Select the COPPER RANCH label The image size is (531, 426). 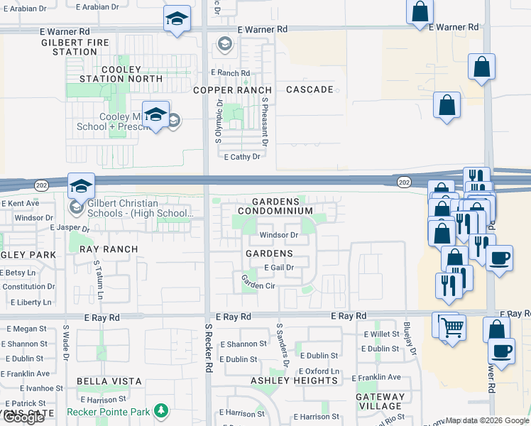[x=233, y=90]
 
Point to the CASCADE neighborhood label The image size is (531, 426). [x=310, y=90]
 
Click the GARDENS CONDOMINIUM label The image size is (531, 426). [x=275, y=207]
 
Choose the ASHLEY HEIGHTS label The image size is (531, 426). [x=294, y=381]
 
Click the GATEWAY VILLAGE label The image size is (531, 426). [x=380, y=402]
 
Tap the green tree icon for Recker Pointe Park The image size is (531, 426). [x=161, y=410]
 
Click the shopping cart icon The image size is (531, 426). [x=452, y=327]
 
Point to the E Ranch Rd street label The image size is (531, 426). [x=231, y=73]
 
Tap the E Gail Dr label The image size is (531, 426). [x=279, y=267]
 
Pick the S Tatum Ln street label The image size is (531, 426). [x=99, y=278]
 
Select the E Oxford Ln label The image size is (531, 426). [x=319, y=371]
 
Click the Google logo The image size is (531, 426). [x=23, y=417]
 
